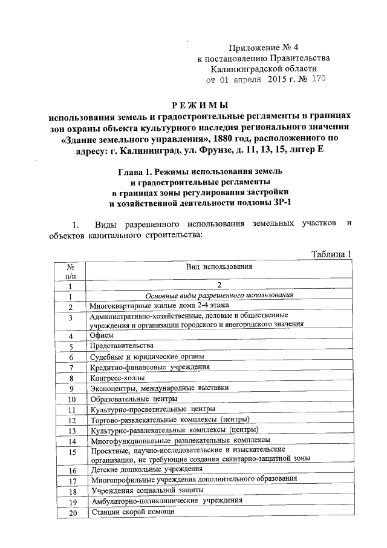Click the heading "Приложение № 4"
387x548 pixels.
pyautogui.click(x=265, y=47)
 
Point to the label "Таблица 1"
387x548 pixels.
pyautogui.click(x=331, y=254)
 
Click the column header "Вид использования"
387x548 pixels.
pyautogui.click(x=220, y=266)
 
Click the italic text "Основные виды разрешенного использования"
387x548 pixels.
pyautogui.click(x=220, y=295)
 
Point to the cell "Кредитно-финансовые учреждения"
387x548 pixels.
pyautogui.click(x=149, y=367)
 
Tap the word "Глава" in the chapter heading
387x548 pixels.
pyautogui.click(x=131, y=174)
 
